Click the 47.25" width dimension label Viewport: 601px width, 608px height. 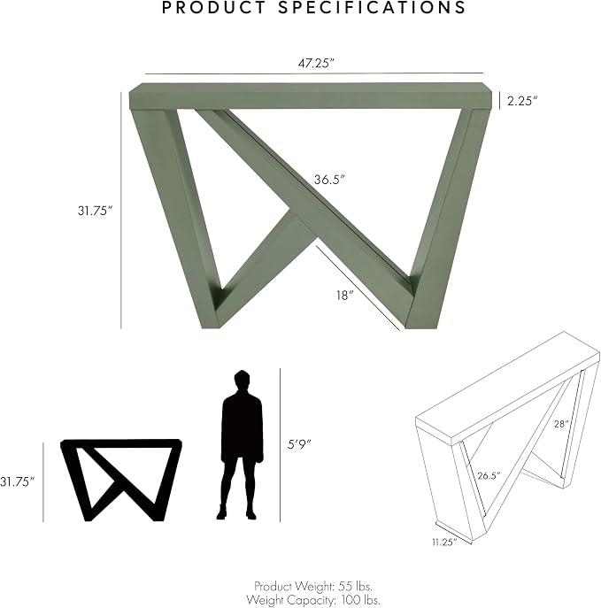point(316,63)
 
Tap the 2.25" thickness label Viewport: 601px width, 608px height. point(522,101)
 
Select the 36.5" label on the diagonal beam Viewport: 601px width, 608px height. point(329,180)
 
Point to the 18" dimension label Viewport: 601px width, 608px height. point(344,296)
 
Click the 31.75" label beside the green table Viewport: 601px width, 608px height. point(95,211)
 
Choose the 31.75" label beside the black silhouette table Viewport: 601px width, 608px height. point(18,482)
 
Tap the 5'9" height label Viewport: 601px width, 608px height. point(299,444)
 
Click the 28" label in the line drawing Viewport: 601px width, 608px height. point(561,424)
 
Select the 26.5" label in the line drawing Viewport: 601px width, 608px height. point(489,475)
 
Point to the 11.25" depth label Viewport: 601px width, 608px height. point(444,543)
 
